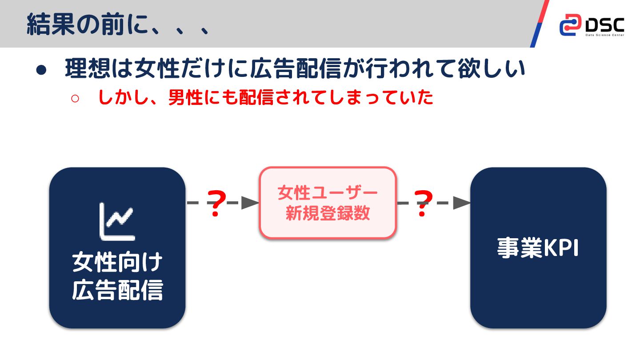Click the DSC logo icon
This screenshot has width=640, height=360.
tap(570, 24)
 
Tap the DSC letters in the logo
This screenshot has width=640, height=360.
tap(604, 23)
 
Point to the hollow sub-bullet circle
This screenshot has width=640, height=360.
tap(75, 98)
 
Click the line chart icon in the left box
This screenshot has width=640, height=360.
tap(117, 222)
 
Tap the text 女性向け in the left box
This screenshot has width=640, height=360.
tap(117, 263)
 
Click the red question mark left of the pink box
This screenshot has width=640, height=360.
tap(216, 204)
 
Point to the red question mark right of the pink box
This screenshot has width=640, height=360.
tap(423, 204)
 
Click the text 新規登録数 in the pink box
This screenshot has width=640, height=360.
tap(328, 213)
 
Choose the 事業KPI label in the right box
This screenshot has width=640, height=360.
tap(538, 248)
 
